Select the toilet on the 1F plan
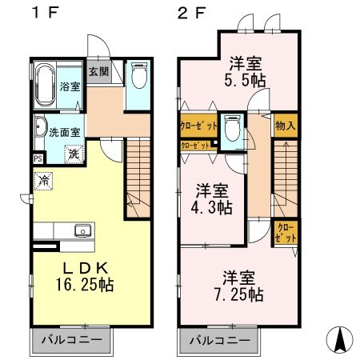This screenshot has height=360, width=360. coord(138,78)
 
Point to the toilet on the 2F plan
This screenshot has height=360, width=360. coord(233,127)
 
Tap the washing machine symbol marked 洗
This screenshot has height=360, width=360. coord(73,153)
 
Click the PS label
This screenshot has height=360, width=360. coord(37,158)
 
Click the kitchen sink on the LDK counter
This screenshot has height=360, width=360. coord(82,231)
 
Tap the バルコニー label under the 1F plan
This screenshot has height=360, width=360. coord(73,340)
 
